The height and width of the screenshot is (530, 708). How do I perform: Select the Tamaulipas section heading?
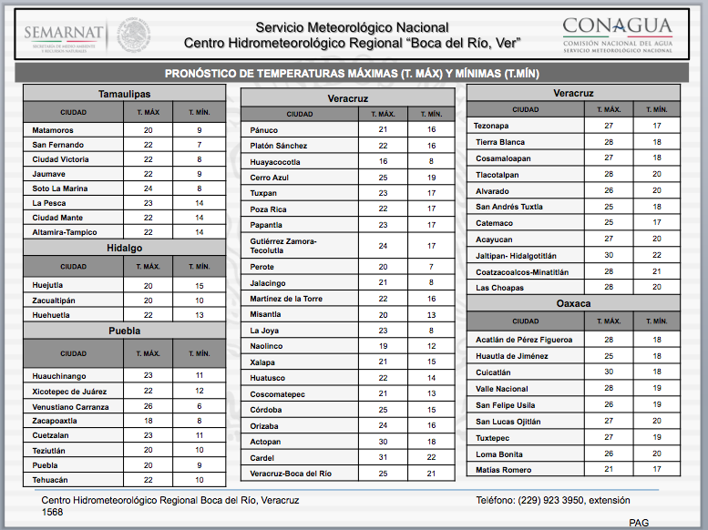click(125, 94)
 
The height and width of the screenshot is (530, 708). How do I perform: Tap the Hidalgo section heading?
click(125, 248)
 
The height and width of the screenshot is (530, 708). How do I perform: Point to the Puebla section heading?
click(125, 331)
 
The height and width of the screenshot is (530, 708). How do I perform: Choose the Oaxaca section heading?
click(573, 303)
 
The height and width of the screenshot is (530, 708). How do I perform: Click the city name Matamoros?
click(53, 130)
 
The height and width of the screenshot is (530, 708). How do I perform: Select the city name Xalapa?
click(264, 362)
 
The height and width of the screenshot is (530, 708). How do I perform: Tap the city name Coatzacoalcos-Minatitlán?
click(522, 271)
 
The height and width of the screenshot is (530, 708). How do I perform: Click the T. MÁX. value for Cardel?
click(383, 457)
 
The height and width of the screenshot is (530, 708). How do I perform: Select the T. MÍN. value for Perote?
click(432, 267)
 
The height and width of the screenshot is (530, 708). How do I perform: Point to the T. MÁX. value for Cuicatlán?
click(608, 372)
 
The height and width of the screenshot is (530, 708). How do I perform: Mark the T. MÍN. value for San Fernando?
click(199, 145)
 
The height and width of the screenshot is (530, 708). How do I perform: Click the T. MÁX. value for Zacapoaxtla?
click(149, 421)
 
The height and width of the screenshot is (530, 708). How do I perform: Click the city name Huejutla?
click(48, 285)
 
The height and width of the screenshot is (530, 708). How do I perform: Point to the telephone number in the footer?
click(564, 500)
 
